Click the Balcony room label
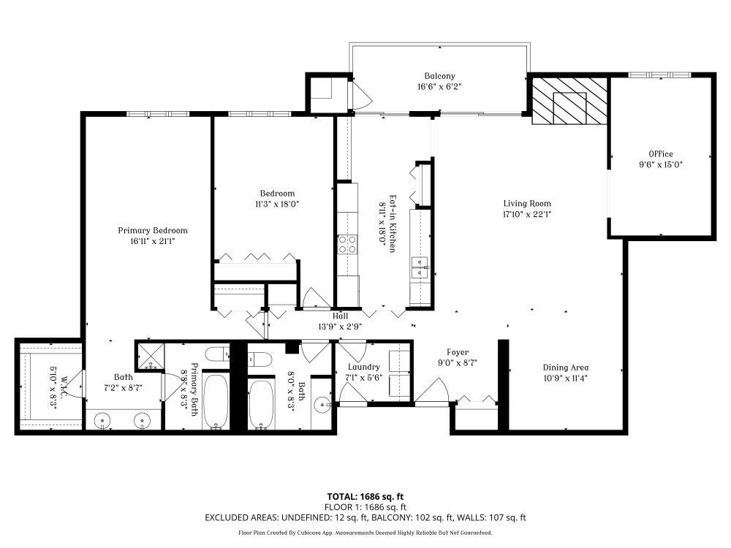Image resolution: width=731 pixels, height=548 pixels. (439, 76)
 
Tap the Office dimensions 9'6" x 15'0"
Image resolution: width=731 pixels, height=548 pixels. (661, 164)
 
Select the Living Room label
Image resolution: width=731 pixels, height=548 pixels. (527, 204)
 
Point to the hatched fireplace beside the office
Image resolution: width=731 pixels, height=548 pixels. (569, 101)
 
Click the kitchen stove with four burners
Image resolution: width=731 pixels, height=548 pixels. (347, 244)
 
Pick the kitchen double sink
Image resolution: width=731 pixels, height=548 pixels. (420, 268)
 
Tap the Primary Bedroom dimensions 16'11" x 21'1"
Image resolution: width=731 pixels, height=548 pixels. (153, 241)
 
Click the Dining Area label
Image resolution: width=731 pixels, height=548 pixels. (566, 368)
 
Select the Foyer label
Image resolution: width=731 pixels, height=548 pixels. (458, 353)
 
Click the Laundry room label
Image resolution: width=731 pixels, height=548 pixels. (363, 368)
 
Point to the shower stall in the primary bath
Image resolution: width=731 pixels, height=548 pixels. (151, 357)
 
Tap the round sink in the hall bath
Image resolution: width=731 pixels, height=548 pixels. (322, 406)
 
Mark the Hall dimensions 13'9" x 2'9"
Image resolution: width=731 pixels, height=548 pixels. (341, 327)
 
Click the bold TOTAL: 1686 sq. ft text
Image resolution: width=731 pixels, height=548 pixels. (365, 497)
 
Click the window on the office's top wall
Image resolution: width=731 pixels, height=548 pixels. (659, 75)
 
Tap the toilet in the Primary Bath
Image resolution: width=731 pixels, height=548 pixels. (217, 354)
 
